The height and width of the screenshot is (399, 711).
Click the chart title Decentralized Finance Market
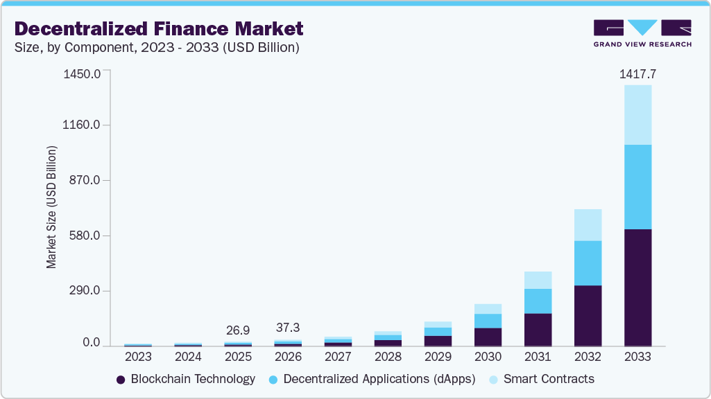(159, 29)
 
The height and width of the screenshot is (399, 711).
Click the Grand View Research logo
(642, 33)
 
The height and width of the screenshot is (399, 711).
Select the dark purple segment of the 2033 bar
(637, 287)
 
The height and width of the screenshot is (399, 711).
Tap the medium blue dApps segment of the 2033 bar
(637, 187)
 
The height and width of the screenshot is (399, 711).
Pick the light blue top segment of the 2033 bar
(637, 115)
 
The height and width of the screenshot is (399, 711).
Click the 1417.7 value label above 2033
(637, 73)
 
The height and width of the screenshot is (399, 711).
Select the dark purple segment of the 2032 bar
(588, 315)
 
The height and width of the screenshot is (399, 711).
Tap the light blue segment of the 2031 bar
(538, 280)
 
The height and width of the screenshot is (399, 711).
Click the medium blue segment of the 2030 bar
(488, 321)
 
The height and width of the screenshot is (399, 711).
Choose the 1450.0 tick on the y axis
(83, 73)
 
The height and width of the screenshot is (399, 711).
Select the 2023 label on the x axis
(138, 357)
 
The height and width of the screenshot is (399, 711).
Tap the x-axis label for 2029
(438, 357)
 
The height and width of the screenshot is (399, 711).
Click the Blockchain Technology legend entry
(186, 380)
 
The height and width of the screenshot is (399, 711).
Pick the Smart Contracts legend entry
(541, 380)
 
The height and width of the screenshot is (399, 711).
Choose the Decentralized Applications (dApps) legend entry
(372, 380)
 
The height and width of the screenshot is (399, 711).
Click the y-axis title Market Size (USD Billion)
(51, 208)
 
